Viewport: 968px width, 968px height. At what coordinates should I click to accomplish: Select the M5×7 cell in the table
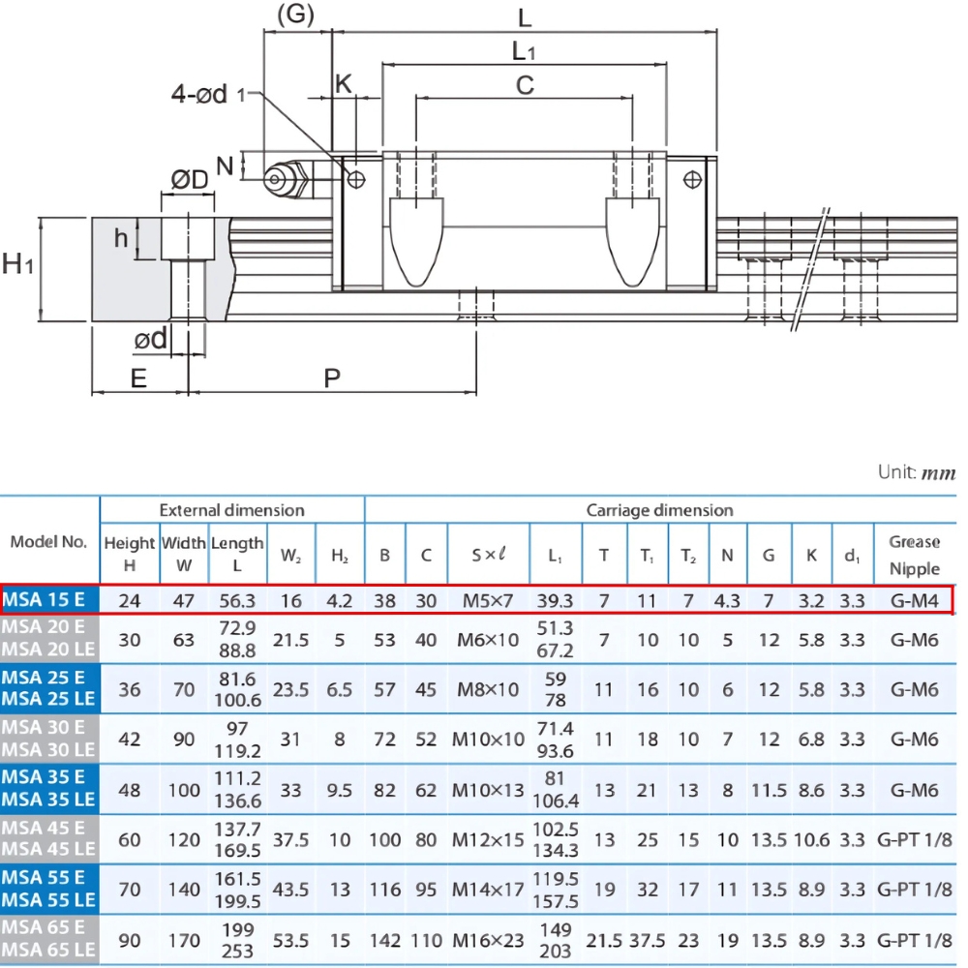(x=488, y=600)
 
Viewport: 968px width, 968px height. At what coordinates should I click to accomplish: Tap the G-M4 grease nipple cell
(x=914, y=600)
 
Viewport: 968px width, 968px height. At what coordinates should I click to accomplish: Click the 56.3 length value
(x=237, y=600)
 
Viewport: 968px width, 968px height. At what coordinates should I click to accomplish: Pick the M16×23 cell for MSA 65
(x=488, y=941)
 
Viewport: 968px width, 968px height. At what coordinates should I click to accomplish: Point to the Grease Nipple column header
(x=914, y=555)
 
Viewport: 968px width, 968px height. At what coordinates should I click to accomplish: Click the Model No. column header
(x=48, y=541)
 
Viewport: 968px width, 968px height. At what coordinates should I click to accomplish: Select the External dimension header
(x=231, y=510)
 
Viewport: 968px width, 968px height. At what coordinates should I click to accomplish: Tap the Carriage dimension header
(x=659, y=510)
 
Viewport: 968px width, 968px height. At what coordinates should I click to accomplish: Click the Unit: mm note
(x=916, y=472)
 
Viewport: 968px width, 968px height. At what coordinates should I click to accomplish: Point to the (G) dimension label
(x=296, y=15)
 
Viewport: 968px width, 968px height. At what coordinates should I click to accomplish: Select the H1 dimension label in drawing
(x=18, y=262)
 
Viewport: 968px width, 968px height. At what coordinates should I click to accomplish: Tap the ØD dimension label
(x=190, y=180)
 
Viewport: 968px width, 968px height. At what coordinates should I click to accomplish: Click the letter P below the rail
(x=332, y=378)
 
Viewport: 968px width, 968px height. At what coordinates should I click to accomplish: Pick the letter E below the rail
(x=138, y=378)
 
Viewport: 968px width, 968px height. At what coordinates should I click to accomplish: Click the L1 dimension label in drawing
(x=524, y=51)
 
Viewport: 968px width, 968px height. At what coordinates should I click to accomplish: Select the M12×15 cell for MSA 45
(x=488, y=839)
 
